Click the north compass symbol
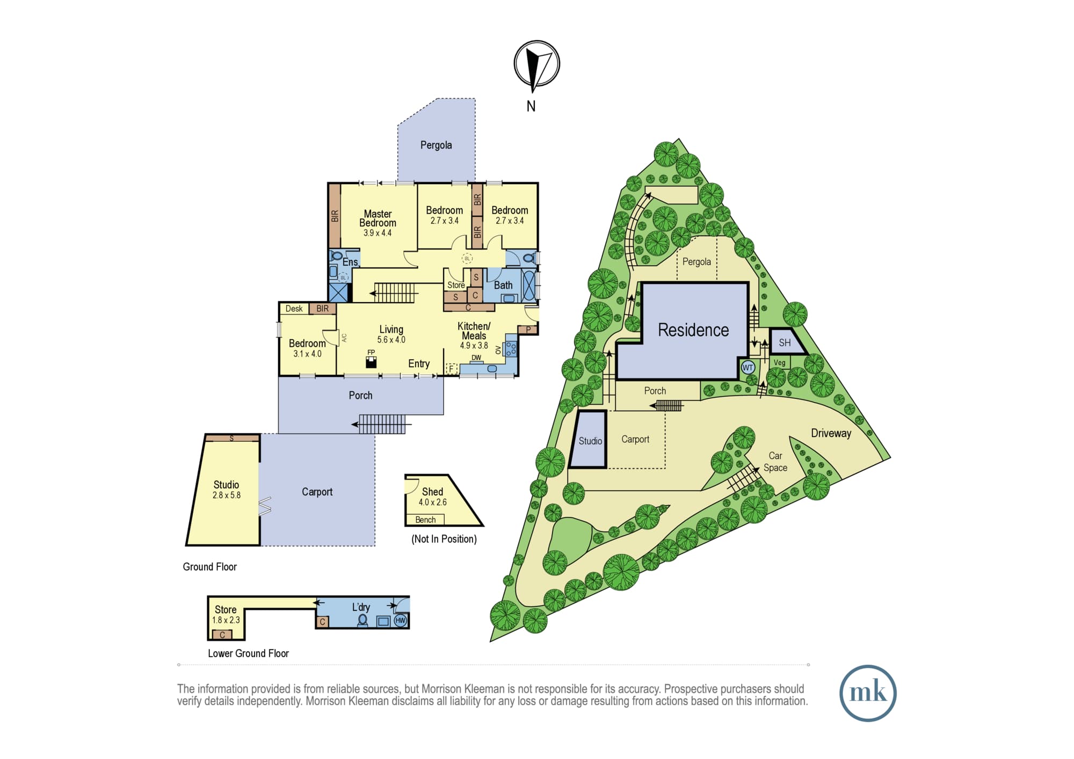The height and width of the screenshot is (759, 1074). pos(536,64)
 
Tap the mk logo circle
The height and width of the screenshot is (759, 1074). pos(868,693)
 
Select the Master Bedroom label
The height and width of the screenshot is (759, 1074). pos(378,218)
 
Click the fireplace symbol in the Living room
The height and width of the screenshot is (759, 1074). pos(371,362)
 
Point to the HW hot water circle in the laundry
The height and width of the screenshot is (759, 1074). pos(401,621)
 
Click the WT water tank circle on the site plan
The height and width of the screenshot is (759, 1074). pos(748,368)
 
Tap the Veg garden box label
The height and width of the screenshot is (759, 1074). pos(780,363)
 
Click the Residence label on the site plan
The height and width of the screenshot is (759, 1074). pos(693,330)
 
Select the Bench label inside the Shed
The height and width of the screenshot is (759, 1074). pos(425,520)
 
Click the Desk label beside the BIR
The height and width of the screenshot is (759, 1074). pos(294,309)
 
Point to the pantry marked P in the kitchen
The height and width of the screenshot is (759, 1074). pos(528,330)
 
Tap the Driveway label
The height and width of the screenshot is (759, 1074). pos(831,433)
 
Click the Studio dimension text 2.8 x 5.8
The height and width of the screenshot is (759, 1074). pos(227,495)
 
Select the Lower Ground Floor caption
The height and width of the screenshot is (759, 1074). pos(248,653)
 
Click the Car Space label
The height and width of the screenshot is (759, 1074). pos(775,462)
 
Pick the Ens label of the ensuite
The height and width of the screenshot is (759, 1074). pos(350,262)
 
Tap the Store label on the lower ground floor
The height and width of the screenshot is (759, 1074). pos(226,610)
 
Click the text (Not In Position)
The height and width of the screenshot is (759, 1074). pos(444,539)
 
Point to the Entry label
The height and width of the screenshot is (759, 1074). pos(419,364)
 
